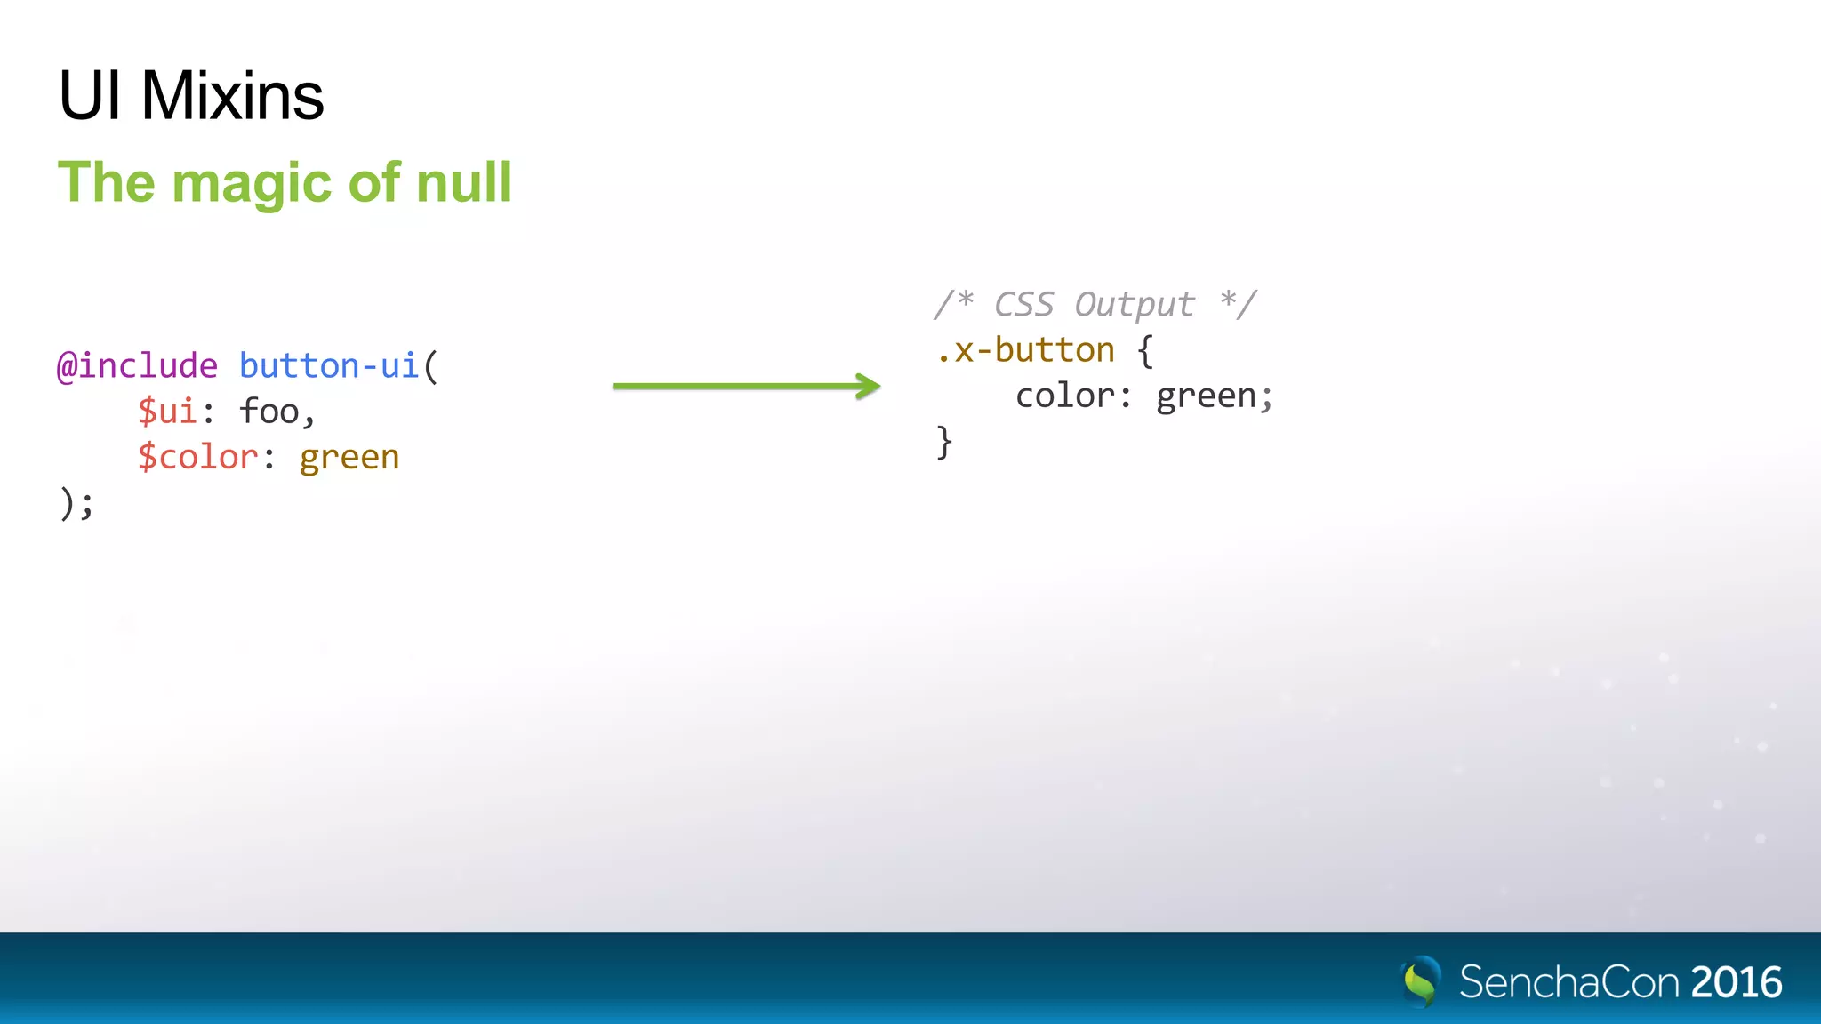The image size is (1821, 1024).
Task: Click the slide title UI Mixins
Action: pyautogui.click(x=191, y=95)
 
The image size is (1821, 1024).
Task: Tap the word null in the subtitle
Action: pyautogui.click(x=463, y=182)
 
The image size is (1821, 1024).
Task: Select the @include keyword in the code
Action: pyautogui.click(x=137, y=366)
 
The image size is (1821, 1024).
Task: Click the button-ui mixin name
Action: pyautogui.click(x=329, y=366)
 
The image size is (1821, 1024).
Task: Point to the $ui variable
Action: pyautogui.click(x=166, y=412)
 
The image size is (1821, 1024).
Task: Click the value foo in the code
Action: pyautogui.click(x=270, y=412)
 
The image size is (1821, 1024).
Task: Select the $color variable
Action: pyautogui.click(x=197, y=458)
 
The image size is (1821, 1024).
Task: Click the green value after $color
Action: pyautogui.click(x=349, y=458)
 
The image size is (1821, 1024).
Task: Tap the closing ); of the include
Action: pyautogui.click(x=76, y=504)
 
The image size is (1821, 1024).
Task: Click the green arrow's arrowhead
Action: pyautogui.click(x=867, y=386)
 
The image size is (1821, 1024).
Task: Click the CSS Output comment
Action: pyautogui.click(x=1095, y=304)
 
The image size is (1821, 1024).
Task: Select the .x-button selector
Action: pyautogui.click(x=1024, y=350)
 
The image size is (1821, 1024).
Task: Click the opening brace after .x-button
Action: pyautogui.click(x=1145, y=351)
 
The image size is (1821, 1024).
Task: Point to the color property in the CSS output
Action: pyautogui.click(x=1065, y=396)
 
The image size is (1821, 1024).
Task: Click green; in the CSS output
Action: pyautogui.click(x=1214, y=396)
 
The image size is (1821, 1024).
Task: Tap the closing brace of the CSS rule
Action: pyautogui.click(x=944, y=443)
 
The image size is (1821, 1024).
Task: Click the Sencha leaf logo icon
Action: pyautogui.click(x=1420, y=981)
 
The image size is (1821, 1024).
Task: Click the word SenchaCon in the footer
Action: pyautogui.click(x=1569, y=982)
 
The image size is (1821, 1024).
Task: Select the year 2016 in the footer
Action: pyautogui.click(x=1737, y=982)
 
